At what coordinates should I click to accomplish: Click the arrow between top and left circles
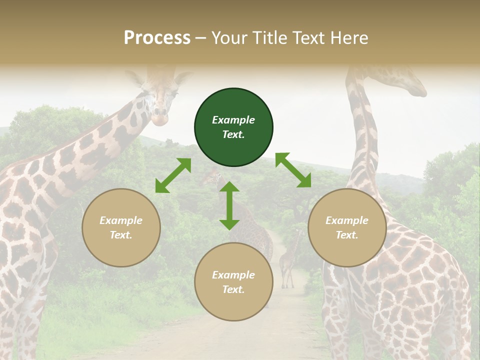coord(173,175)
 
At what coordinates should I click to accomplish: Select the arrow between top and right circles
coord(293,170)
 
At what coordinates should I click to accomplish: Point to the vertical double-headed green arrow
coord(229,205)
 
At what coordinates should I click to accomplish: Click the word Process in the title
coord(157,37)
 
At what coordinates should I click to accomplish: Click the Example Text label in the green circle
coord(233,127)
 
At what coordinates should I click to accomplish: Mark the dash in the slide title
coord(201,38)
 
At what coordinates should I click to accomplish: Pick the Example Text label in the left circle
coord(121,227)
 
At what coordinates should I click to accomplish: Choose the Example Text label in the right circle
coord(347,227)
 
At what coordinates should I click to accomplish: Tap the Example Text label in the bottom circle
coord(233,282)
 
